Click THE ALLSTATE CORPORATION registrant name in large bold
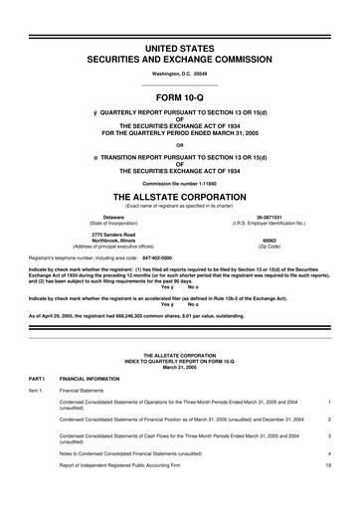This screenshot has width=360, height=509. coord(180,197)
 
